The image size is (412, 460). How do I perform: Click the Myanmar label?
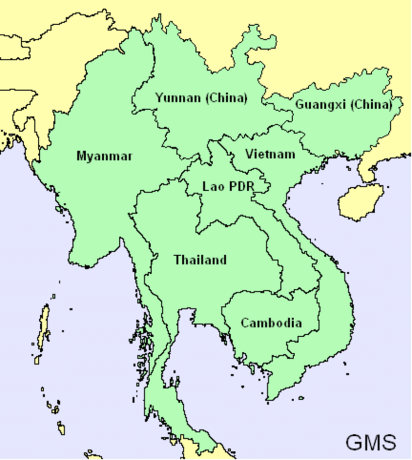(104, 156)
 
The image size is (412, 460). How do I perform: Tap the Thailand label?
(200, 260)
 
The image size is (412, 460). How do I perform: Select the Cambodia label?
(271, 323)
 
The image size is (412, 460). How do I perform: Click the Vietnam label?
(270, 154)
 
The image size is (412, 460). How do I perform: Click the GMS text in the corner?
(370, 442)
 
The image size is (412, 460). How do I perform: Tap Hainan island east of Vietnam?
(360, 201)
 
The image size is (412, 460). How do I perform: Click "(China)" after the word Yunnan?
(226, 98)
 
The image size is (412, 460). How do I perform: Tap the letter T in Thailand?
(178, 260)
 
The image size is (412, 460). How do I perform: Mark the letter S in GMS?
(389, 442)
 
